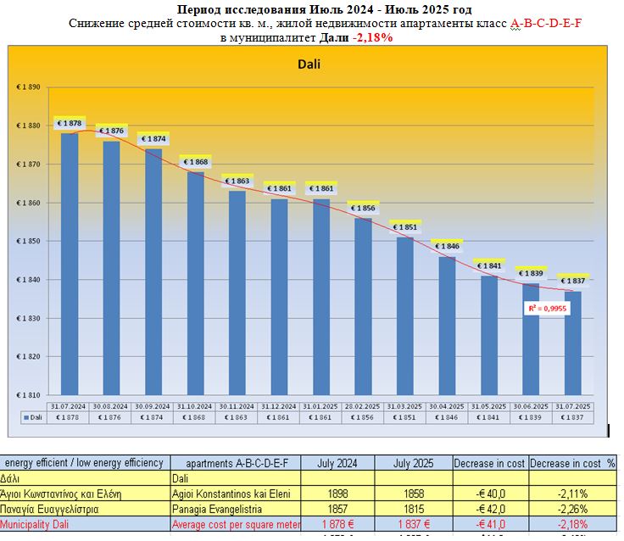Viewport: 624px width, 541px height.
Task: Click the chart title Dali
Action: click(309, 64)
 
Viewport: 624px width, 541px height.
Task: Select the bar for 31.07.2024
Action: click(70, 263)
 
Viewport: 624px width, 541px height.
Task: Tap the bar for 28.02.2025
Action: click(363, 305)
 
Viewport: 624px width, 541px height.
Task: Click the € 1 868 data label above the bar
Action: click(195, 162)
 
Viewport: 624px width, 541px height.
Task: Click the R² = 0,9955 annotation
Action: click(546, 309)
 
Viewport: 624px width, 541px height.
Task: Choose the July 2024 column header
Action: click(337, 463)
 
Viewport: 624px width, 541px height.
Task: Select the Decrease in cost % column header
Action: click(573, 463)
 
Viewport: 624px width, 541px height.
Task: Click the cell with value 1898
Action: click(337, 494)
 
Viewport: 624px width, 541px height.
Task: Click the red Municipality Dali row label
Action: click(47, 525)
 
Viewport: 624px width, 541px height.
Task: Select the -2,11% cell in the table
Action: click(573, 494)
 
